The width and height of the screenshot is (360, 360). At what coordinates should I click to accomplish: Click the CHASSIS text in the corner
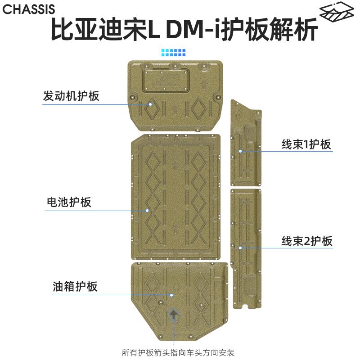tap(28, 9)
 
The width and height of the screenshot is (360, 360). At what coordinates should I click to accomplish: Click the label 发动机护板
tap(71, 96)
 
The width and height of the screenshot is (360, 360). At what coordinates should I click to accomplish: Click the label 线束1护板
tap(306, 144)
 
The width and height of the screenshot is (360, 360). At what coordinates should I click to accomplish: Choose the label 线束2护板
tap(307, 241)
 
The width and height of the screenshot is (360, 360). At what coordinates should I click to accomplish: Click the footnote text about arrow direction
tap(178, 352)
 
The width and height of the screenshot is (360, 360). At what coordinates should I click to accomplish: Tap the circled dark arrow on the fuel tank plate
tap(174, 315)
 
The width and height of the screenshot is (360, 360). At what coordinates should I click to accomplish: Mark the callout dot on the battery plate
tap(147, 210)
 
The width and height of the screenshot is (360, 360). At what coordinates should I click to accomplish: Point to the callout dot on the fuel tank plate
tap(171, 295)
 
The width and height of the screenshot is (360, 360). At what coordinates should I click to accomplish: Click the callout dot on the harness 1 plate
tap(241, 151)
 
